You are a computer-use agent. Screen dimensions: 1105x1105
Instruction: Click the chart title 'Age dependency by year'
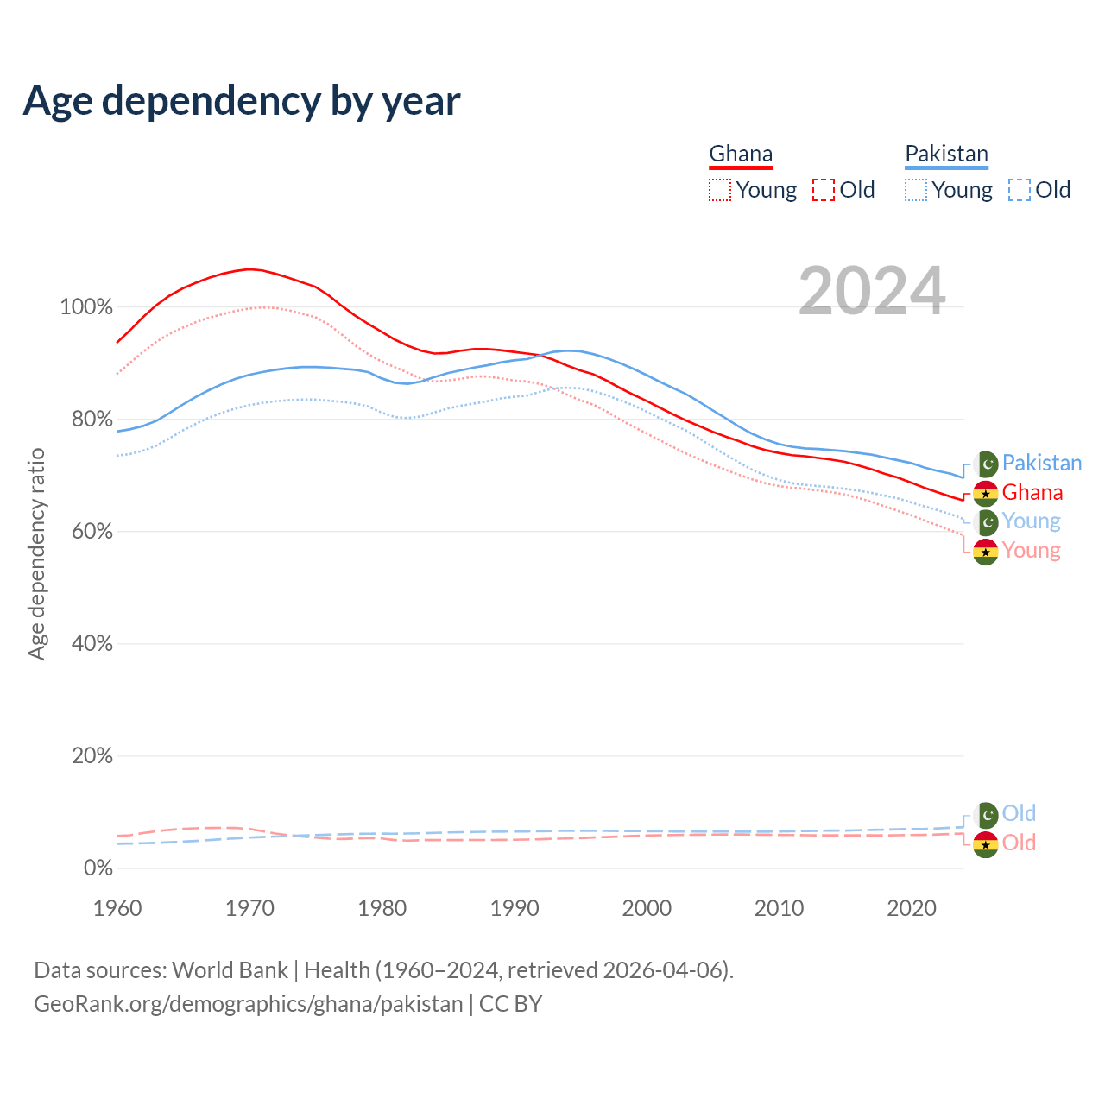tap(242, 101)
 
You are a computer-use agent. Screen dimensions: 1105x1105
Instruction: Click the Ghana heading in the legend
tap(741, 154)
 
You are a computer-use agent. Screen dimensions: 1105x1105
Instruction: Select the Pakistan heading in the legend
tap(946, 154)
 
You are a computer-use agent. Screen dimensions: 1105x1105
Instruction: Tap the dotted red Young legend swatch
tap(719, 190)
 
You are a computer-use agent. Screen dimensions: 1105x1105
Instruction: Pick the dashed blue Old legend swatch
tap(1019, 190)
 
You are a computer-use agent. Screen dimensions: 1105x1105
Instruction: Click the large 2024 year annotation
tap(872, 291)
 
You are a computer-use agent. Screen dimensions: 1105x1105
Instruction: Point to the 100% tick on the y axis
tap(86, 307)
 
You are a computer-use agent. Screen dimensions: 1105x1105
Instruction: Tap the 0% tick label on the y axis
tap(98, 868)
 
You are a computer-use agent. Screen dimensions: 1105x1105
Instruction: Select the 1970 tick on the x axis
tap(249, 908)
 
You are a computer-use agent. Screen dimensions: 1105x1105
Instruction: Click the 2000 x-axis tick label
tap(647, 908)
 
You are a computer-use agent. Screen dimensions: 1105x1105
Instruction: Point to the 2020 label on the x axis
tap(912, 908)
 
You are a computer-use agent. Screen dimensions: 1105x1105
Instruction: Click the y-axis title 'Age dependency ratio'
tap(36, 553)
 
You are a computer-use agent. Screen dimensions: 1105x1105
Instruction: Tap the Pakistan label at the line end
tap(1041, 464)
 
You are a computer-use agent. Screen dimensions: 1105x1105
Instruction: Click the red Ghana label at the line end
tap(1032, 493)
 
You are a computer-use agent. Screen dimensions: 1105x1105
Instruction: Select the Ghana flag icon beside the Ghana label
tap(986, 494)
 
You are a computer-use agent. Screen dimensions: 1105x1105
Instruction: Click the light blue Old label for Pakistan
tap(1019, 813)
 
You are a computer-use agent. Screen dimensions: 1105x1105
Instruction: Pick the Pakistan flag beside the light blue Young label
tap(986, 522)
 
